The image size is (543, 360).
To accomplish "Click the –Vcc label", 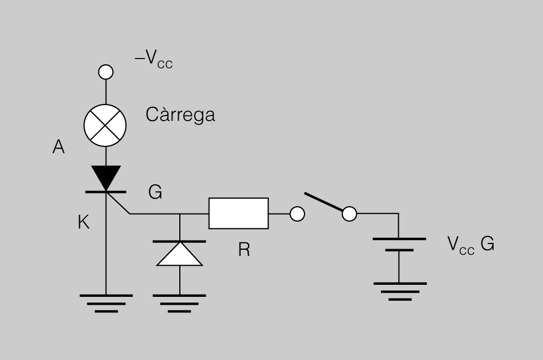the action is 153,59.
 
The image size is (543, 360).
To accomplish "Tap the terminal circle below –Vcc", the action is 106,72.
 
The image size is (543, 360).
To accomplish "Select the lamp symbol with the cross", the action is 105,125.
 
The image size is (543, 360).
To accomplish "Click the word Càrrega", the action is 180,115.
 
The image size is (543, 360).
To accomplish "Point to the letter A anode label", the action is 59,147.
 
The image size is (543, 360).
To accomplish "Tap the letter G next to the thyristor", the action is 155,192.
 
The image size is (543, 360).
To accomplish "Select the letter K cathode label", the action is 84,222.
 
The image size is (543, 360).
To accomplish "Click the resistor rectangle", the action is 238,213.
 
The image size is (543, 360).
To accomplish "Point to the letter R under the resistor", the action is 244,249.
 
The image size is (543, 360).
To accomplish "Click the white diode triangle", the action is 179,254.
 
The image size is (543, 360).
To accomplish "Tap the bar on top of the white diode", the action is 179,241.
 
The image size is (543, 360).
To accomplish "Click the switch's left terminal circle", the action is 297,214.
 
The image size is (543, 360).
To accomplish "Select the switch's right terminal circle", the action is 349,214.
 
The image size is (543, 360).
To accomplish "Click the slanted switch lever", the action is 324,202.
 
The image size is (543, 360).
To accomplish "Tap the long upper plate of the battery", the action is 399,239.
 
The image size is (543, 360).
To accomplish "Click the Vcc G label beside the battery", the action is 471,245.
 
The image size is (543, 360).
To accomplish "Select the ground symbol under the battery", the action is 400,292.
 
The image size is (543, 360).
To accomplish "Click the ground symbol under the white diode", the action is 179,304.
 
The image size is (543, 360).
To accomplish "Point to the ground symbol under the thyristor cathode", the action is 106,304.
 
